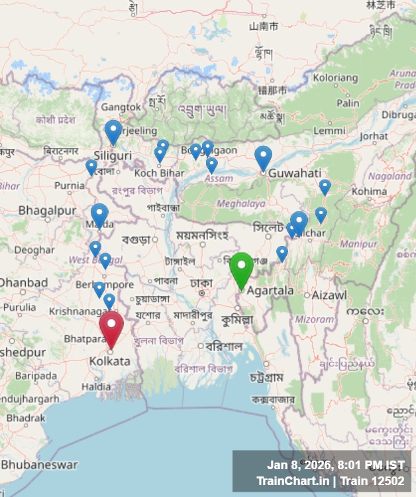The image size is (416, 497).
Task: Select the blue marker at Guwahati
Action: [263, 157]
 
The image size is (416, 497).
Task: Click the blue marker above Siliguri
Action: [113, 131]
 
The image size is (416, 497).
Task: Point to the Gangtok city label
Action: [121, 107]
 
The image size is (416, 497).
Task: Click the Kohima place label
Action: [369, 191]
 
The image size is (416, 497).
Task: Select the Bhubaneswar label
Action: [39, 465]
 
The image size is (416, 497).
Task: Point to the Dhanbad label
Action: [23, 283]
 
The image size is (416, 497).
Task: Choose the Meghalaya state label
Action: [222, 203]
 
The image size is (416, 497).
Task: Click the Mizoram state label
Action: [314, 319]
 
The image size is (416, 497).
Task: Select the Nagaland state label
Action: [390, 176]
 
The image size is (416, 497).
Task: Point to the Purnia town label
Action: [70, 186]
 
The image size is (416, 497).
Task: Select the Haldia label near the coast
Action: [97, 386]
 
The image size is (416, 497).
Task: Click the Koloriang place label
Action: [335, 78]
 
